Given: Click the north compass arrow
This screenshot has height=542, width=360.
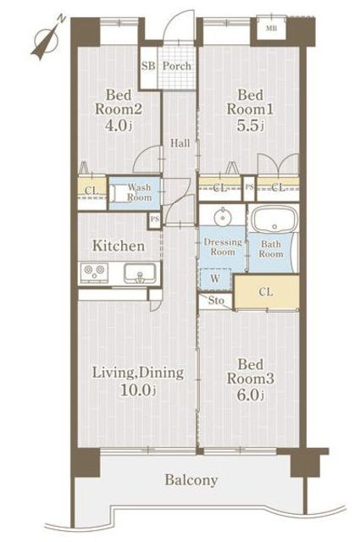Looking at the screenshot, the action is [47, 39].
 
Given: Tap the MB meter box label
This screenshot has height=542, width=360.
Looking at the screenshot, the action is [271, 29].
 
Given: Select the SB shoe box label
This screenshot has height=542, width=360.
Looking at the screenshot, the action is [148, 66].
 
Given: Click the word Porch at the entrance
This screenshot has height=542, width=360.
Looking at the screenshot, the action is [177, 66].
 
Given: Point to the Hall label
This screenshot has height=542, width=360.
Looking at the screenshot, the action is [180, 143].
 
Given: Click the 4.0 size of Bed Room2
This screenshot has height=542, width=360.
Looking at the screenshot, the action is [119, 125].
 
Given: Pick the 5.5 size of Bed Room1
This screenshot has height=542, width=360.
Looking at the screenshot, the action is [250, 125].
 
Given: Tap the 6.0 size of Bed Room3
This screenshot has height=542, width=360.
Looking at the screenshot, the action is [250, 395].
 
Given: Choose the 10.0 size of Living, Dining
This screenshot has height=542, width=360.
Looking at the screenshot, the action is [137, 390].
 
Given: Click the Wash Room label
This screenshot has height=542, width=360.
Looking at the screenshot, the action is [140, 192].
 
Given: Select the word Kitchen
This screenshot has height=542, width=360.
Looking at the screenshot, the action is [119, 246].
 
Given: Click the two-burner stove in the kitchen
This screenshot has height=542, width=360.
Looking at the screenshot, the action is [94, 271].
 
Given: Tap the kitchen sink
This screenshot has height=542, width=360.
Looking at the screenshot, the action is [140, 273].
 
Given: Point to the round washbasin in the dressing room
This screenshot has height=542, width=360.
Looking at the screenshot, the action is [223, 217].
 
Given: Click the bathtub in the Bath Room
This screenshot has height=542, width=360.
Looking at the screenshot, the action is [274, 218].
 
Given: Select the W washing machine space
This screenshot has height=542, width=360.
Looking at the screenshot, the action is [215, 279].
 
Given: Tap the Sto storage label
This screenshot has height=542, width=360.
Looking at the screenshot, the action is [216, 301].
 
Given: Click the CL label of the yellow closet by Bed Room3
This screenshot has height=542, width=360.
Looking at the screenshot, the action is [266, 292].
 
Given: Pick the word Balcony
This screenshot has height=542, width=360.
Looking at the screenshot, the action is [191, 480].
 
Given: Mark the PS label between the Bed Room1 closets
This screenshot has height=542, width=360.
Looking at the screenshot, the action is [249, 187].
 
